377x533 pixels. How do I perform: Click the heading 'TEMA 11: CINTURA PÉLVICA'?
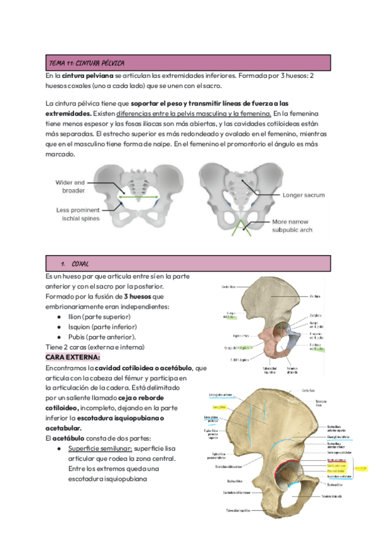click(x=87, y=63)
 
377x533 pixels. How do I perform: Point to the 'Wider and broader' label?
click(x=70, y=186)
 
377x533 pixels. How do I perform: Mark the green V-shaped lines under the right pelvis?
click(x=238, y=228)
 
